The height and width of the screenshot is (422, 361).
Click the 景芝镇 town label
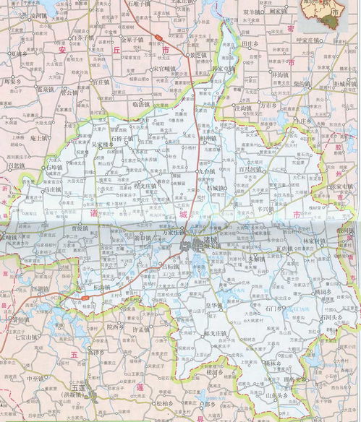[x=199, y=54]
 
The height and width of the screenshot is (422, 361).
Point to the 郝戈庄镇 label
[x=217, y=333]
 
